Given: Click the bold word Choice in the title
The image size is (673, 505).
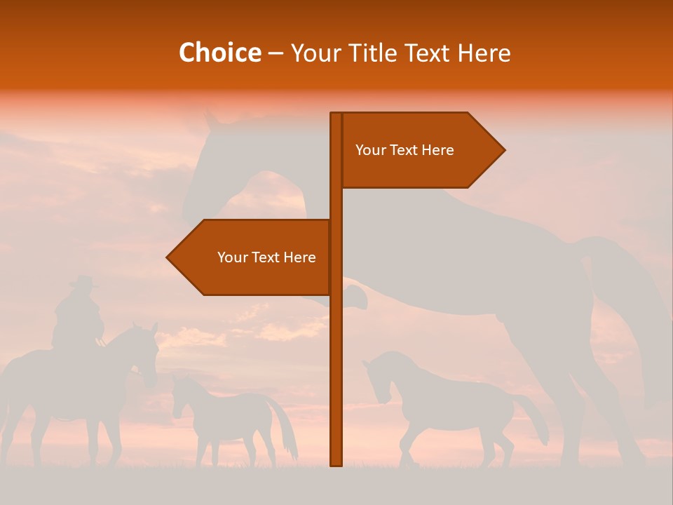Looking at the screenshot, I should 219,53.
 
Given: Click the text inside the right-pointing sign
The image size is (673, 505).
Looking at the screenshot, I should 405,150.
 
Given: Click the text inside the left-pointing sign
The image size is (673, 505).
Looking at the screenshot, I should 266,257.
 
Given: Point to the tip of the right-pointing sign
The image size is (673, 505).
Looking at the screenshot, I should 503,150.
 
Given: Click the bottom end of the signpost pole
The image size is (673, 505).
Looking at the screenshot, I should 336,463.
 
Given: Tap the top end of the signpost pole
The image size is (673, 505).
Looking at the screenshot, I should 336,115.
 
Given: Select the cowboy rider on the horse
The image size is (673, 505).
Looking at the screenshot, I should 77,316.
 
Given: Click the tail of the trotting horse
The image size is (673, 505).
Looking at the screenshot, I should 536,421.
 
